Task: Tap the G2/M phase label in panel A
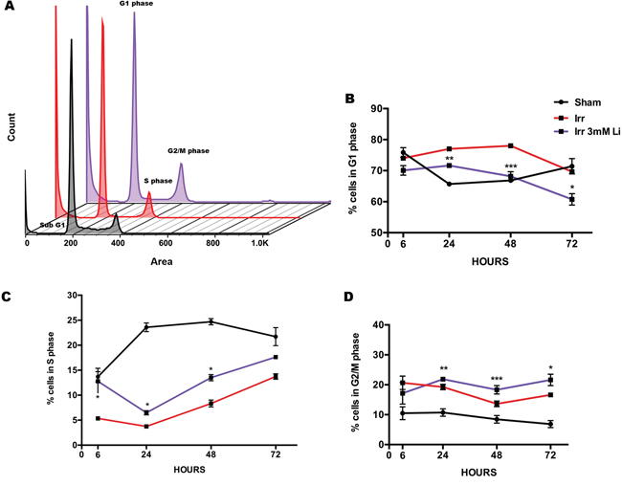(x=189, y=151)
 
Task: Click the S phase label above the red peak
(x=158, y=181)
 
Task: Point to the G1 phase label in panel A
(x=136, y=4)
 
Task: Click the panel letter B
(x=350, y=99)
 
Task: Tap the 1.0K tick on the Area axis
(x=259, y=243)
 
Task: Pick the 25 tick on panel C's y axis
(x=72, y=320)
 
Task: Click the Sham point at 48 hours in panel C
(x=211, y=321)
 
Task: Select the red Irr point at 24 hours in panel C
(x=146, y=426)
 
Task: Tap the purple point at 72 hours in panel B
(x=571, y=199)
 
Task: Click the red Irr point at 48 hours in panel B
(x=511, y=145)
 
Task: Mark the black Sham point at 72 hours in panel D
(x=550, y=424)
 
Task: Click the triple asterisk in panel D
(x=497, y=379)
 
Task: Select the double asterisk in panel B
(x=449, y=158)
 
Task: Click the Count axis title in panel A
(x=11, y=126)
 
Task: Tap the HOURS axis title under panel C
(x=189, y=470)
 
